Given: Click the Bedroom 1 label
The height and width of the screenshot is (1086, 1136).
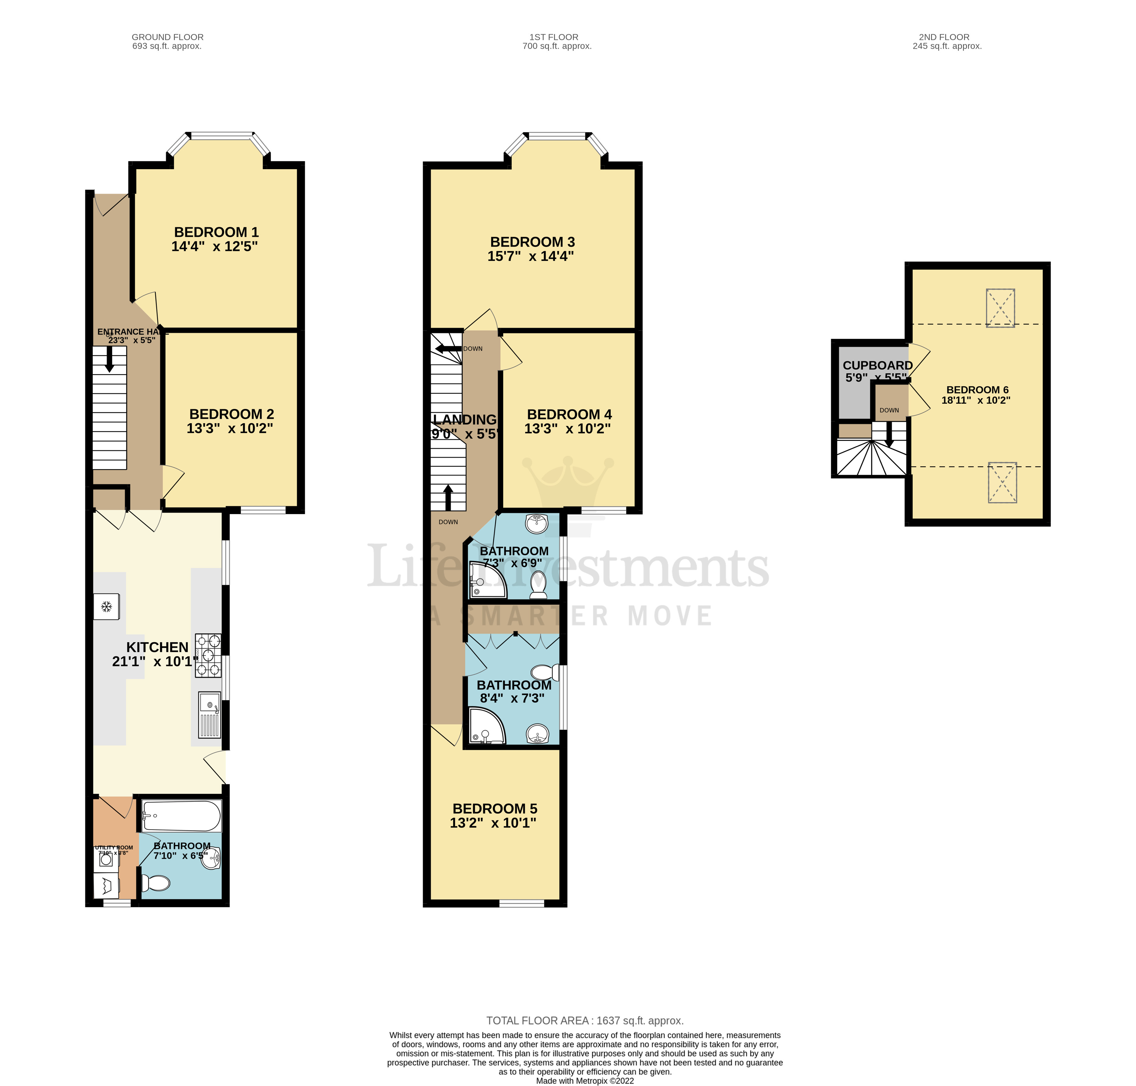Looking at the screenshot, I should point(216,232).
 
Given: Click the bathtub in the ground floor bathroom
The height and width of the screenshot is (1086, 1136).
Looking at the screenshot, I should point(181,816).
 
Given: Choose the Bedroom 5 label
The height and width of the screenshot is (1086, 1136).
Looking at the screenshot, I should point(495,809).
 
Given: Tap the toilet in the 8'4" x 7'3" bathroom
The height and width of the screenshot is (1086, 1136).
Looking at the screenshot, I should point(543,673).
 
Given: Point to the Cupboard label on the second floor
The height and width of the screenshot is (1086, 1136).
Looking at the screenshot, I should point(877,365).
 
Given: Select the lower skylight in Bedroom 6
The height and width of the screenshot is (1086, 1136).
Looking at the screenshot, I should point(1002,482).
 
